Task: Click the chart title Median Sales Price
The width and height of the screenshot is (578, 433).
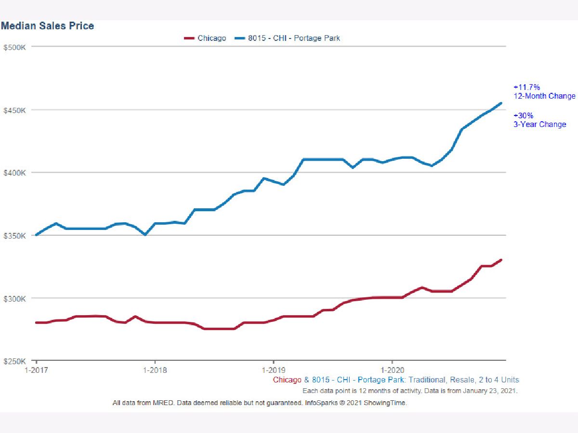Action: coord(48,26)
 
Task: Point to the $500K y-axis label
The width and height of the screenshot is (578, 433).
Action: coord(15,47)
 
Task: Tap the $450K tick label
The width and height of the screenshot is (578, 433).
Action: coord(15,110)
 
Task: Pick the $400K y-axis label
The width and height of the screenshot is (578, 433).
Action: coord(15,173)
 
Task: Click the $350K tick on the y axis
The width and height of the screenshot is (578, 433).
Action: coord(15,236)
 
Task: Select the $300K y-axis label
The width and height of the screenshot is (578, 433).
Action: coord(15,299)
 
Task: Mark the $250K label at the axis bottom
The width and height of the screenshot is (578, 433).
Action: coord(15,361)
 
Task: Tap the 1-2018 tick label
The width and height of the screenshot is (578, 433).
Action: coord(155,370)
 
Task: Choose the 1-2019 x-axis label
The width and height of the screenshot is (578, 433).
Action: coord(274,370)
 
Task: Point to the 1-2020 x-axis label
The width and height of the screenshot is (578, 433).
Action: coord(392,370)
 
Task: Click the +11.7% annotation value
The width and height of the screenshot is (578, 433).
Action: coord(526,87)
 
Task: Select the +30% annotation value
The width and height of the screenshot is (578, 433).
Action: coord(523,115)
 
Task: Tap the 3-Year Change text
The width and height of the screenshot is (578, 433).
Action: coord(540,124)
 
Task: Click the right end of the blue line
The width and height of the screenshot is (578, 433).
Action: coord(501,103)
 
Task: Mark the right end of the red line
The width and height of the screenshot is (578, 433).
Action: coord(501,260)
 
